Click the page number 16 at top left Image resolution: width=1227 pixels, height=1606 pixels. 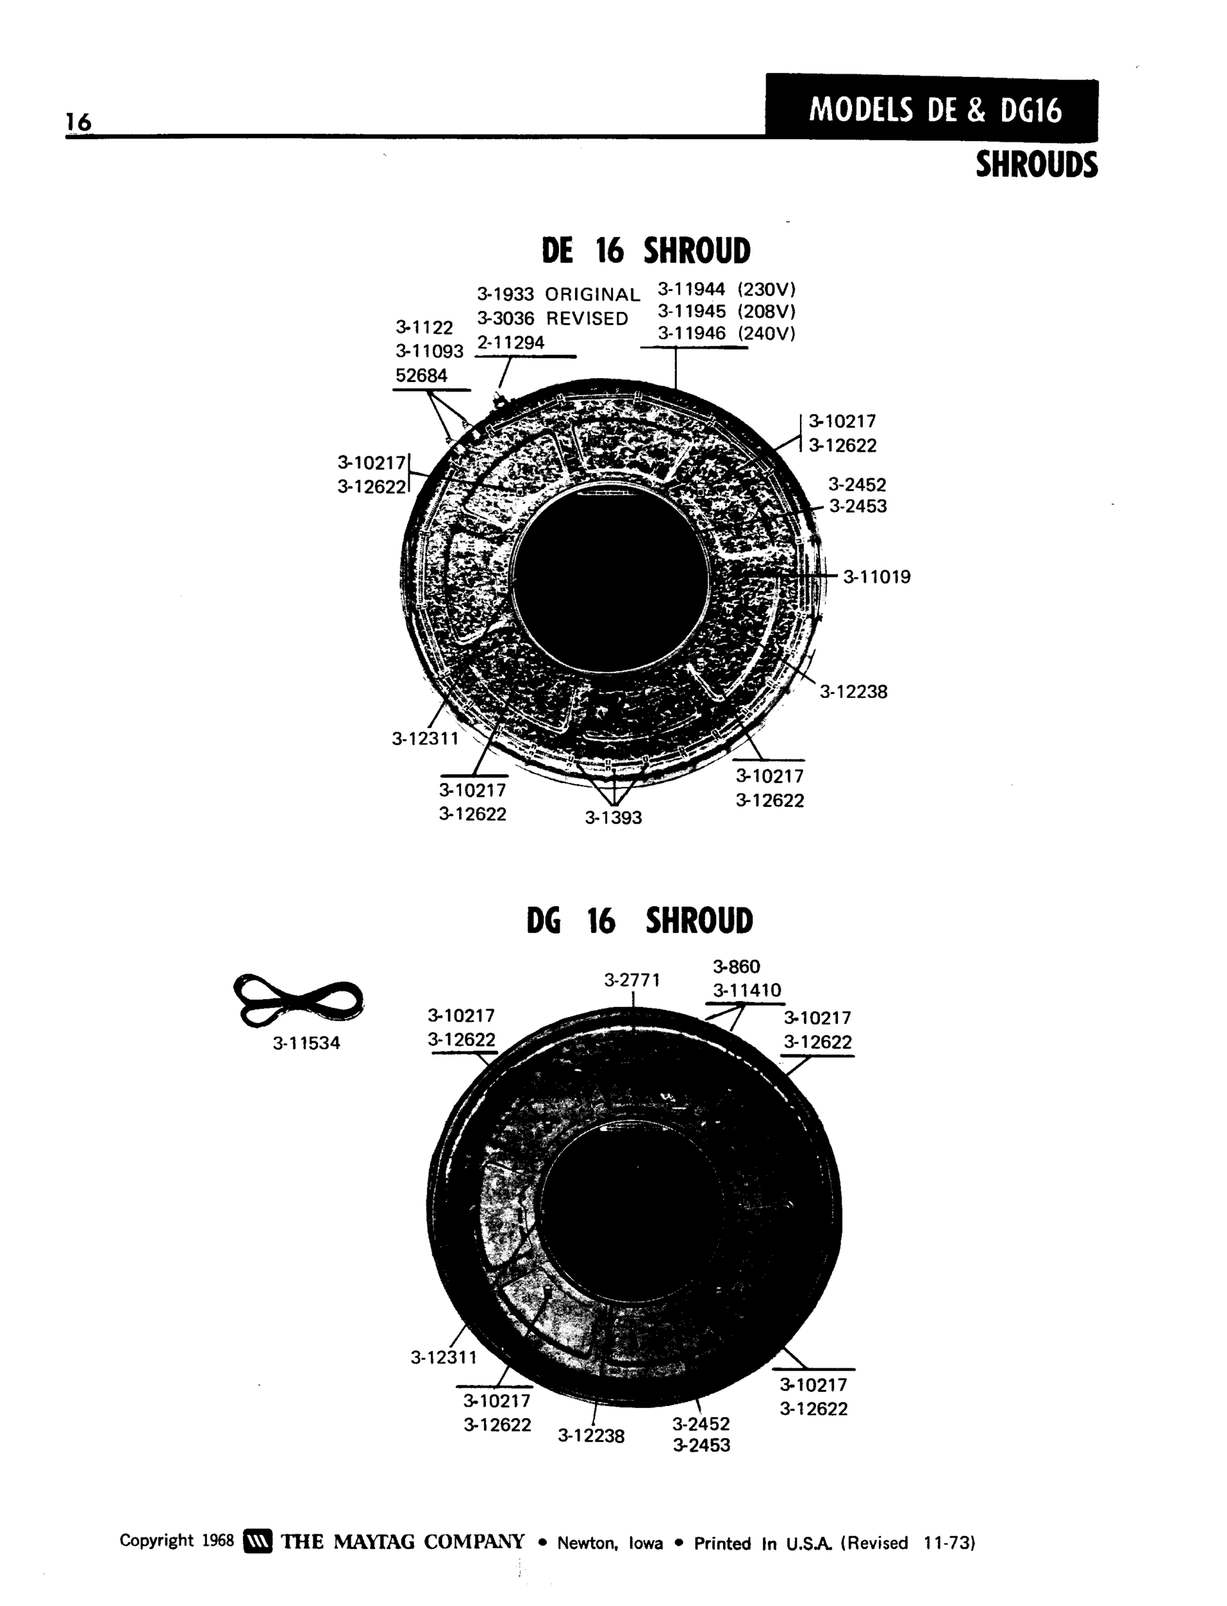click(79, 122)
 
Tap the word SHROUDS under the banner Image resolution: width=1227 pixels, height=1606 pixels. click(1036, 165)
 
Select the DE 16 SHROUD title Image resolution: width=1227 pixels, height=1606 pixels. click(646, 250)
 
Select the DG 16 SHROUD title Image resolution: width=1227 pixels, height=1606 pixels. click(640, 921)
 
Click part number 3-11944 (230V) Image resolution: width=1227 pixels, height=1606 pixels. click(727, 289)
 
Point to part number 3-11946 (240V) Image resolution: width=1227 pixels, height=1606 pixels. click(727, 334)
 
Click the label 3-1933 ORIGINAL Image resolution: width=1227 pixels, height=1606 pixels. click(558, 294)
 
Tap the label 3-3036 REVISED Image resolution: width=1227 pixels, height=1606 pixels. click(552, 319)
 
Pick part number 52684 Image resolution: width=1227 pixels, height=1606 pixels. click(422, 375)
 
